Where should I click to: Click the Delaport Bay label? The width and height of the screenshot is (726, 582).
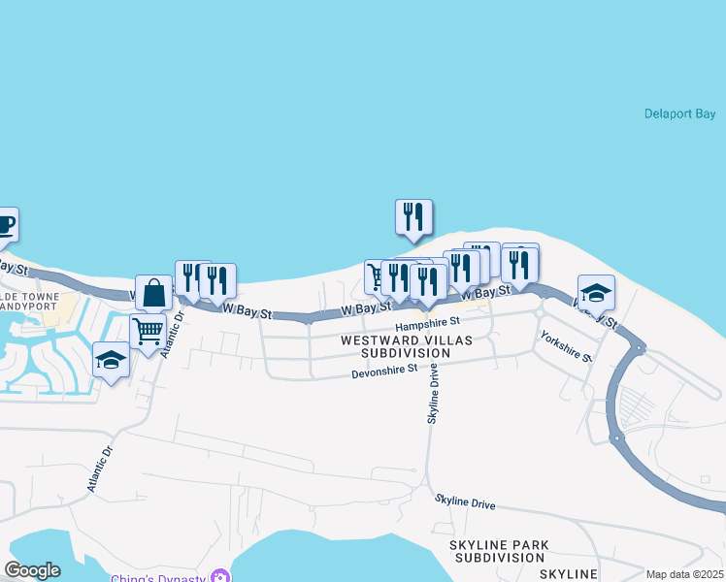679,114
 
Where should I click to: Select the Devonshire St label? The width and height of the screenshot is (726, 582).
384,370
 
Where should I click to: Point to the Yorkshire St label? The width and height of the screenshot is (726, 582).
567,346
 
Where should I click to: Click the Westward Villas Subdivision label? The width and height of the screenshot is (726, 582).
409,346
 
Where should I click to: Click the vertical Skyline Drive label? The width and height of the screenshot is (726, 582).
434,393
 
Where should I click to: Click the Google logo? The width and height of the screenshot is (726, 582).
32,570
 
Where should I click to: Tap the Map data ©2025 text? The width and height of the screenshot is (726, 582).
684,574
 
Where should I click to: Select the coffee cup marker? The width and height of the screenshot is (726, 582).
6,226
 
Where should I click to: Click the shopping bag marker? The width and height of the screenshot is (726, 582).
153,292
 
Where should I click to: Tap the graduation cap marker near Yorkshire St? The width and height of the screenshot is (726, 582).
596,292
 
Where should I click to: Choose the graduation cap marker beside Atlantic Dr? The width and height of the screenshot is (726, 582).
112,361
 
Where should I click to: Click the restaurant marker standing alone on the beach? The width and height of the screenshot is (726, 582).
413,216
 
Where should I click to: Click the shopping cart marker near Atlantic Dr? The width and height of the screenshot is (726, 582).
148,331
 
